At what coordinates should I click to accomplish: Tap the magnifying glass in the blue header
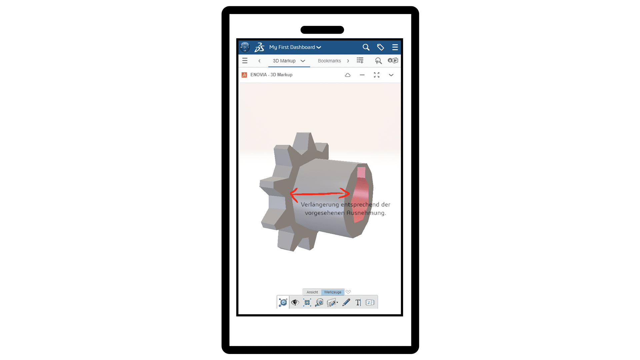tap(366, 47)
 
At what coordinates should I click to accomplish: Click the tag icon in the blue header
tap(380, 47)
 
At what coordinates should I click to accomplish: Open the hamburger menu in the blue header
tap(395, 47)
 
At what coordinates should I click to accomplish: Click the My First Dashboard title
tap(292, 47)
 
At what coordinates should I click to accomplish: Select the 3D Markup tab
tap(284, 61)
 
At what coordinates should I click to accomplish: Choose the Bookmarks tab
tap(329, 61)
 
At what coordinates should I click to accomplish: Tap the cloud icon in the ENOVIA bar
tap(348, 75)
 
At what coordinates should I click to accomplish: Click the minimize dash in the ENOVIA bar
tap(362, 75)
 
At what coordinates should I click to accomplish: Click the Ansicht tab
tap(312, 292)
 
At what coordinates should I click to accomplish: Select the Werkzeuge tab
tap(333, 292)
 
